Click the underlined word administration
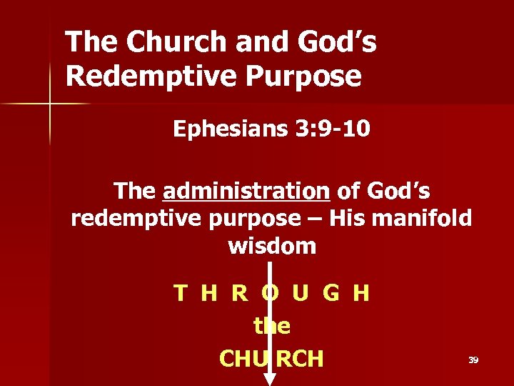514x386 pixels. click(x=246, y=192)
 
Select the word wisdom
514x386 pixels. click(x=272, y=246)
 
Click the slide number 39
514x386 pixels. click(x=473, y=360)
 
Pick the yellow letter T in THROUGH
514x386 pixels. click(x=181, y=293)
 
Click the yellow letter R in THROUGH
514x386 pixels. click(x=240, y=293)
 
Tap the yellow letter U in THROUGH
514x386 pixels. click(x=301, y=293)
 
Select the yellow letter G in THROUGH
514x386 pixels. click(x=331, y=293)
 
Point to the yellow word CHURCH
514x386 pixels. click(x=271, y=358)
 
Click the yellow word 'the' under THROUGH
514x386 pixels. click(x=272, y=326)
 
